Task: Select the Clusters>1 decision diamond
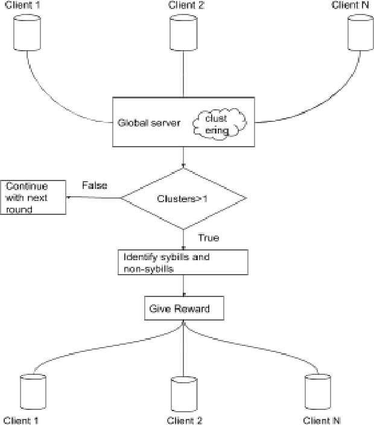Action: (x=183, y=198)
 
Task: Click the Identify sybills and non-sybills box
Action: (x=182, y=262)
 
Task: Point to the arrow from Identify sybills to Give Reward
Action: (x=183, y=285)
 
